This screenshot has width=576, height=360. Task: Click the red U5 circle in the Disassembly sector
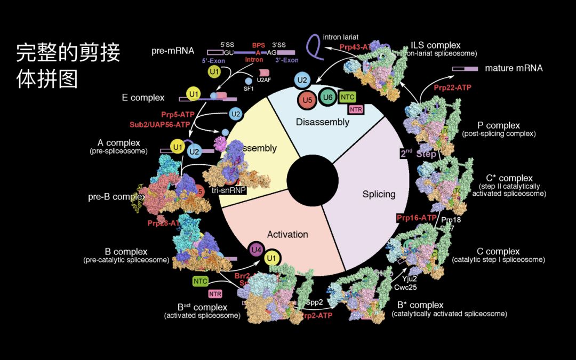click(306, 99)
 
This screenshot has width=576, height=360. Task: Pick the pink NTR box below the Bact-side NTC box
click(214, 293)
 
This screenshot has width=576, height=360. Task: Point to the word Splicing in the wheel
click(379, 194)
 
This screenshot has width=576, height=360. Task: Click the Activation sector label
click(287, 234)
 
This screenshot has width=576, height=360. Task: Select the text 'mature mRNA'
click(514, 68)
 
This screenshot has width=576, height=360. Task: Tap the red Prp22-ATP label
click(453, 87)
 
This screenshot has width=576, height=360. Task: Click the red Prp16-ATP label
click(417, 218)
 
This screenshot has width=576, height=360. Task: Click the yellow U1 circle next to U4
click(273, 259)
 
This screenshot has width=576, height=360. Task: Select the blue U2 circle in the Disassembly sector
click(302, 81)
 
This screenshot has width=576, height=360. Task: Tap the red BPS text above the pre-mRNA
click(258, 46)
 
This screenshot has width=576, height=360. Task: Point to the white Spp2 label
click(314, 302)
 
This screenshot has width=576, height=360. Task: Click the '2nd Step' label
click(418, 154)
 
